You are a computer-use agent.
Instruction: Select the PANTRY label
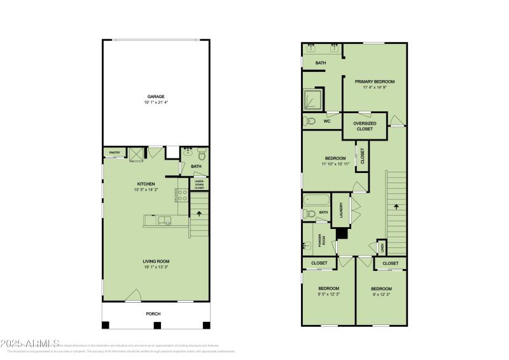(115, 153)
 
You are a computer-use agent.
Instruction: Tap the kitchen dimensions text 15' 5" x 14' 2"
(146, 190)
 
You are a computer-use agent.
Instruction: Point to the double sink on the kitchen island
(165, 221)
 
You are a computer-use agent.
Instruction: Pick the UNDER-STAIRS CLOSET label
(199, 184)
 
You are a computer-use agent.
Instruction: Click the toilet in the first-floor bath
(201, 153)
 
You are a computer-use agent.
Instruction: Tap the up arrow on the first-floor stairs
(200, 215)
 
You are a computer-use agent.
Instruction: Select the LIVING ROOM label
(156, 261)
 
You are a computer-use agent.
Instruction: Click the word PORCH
(153, 314)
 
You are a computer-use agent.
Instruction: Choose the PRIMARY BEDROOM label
(375, 81)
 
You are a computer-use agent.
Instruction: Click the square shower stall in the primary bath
(313, 98)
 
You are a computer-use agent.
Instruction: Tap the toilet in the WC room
(310, 121)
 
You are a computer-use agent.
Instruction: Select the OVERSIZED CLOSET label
(365, 125)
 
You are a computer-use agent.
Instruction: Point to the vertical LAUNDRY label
(342, 209)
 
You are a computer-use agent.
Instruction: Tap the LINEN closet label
(382, 246)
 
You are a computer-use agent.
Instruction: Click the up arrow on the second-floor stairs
(396, 207)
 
